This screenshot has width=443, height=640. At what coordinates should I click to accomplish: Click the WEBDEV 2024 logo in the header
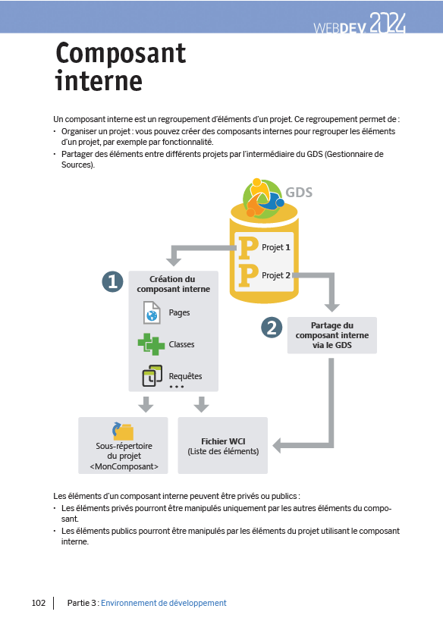coord(360,24)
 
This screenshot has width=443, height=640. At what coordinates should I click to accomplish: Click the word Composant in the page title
coord(121,54)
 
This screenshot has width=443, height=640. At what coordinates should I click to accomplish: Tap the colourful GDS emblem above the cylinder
coord(263,198)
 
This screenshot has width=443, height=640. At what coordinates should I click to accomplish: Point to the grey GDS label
coord(299,193)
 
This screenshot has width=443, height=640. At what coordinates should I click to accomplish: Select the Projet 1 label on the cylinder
coord(276,247)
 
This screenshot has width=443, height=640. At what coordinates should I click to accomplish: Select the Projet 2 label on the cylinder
coord(276,275)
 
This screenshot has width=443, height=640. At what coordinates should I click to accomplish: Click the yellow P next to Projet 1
coord(248,248)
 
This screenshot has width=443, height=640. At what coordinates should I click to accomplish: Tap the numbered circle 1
coord(113,282)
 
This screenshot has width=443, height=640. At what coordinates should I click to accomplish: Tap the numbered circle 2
coord(272,328)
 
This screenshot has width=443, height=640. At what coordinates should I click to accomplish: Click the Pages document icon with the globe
coord(152,312)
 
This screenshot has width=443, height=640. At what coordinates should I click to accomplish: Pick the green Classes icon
coord(151,344)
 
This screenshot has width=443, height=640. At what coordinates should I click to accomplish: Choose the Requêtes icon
coord(152,375)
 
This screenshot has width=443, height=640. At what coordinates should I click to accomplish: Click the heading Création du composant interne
coord(174,284)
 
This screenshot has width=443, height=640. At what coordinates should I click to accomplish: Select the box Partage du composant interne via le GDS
coord(332,335)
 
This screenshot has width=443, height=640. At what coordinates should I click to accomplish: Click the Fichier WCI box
coord(223,445)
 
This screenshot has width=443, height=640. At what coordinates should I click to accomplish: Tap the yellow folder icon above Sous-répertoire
coord(123,431)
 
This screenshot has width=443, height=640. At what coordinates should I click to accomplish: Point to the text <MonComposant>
coord(124,466)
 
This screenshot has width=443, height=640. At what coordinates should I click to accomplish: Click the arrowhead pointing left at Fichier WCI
coord(278,445)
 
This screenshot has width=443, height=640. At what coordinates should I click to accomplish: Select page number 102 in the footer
coord(39,603)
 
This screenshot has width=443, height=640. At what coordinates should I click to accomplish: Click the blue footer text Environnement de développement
coord(164,603)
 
